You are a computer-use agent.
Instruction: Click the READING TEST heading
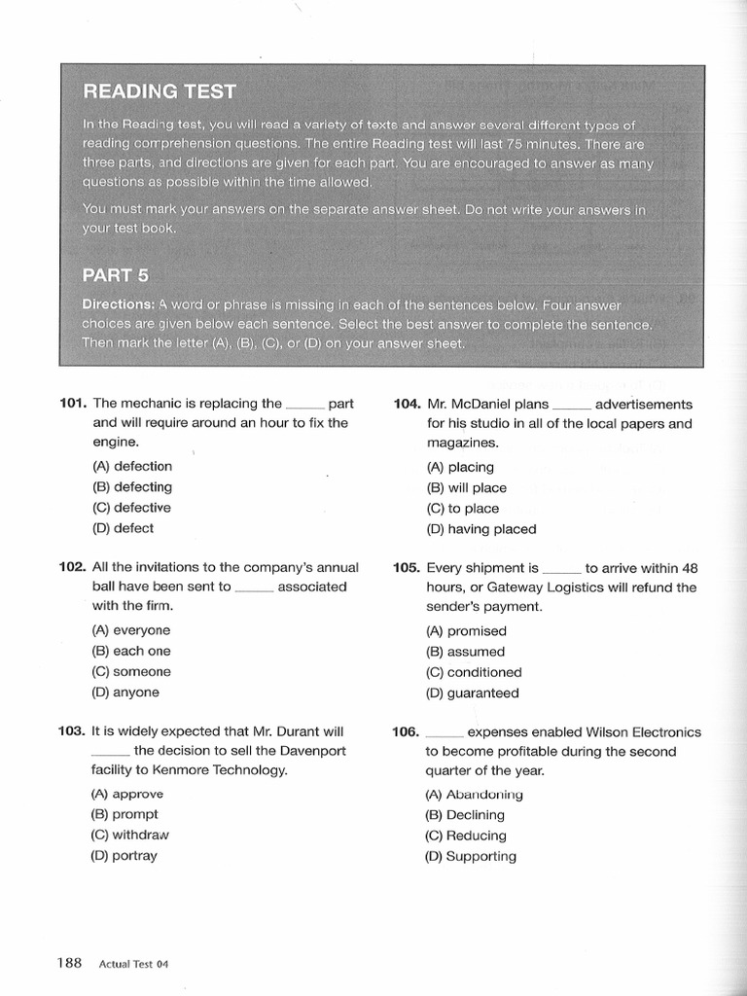tap(160, 91)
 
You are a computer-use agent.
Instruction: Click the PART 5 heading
tap(116, 275)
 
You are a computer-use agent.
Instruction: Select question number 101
tap(74, 404)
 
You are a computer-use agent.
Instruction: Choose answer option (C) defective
tap(131, 508)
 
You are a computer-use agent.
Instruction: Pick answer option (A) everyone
tap(131, 630)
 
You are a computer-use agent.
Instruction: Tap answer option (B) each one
tap(131, 651)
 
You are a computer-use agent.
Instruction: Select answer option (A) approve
tap(127, 794)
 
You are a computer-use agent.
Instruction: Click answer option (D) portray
tap(124, 856)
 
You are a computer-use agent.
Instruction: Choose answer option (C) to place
tap(462, 509)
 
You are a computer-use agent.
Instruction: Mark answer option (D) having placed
tap(480, 529)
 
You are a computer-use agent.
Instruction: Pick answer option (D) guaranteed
tap(472, 694)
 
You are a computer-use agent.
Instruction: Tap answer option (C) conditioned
tap(474, 672)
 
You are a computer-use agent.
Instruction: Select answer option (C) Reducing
tap(466, 836)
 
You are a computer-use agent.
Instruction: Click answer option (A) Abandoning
tap(474, 795)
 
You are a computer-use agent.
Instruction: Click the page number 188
tap(69, 963)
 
